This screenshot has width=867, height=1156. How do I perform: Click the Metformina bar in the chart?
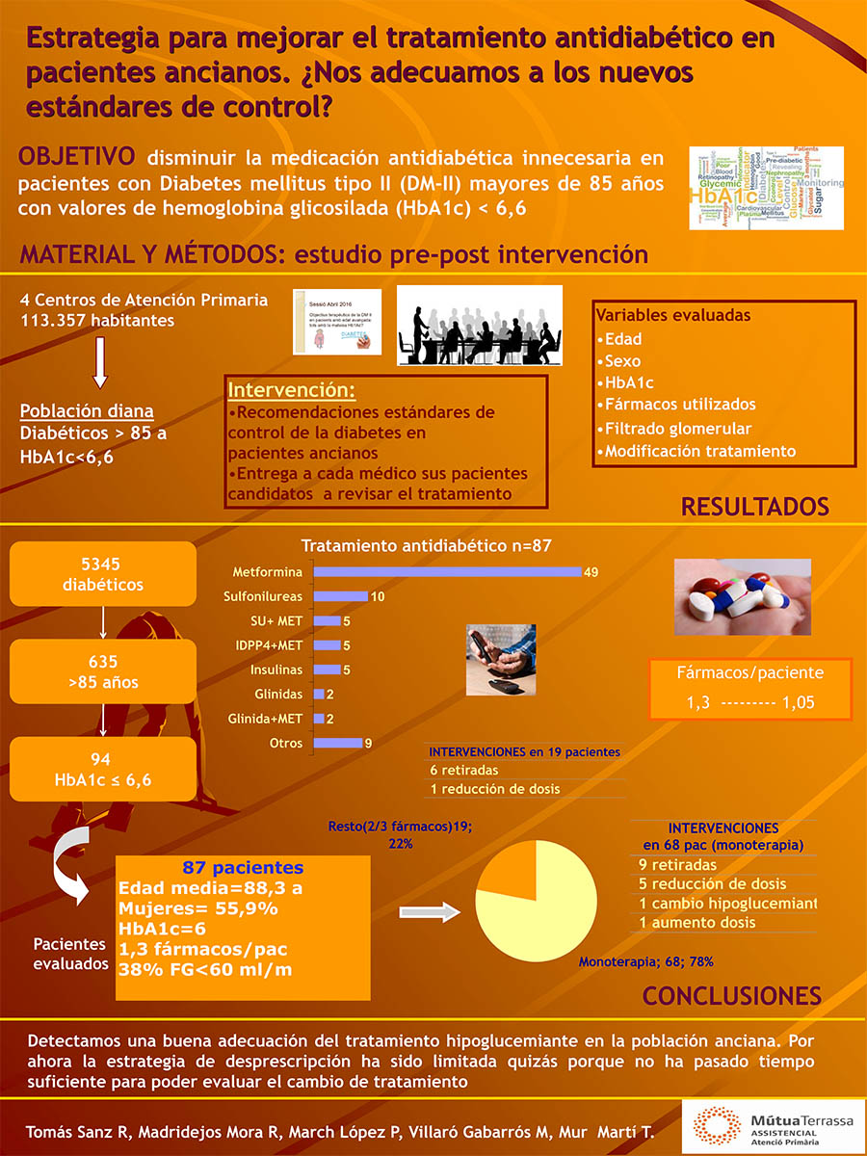click(448, 572)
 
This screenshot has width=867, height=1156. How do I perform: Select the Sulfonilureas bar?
click(341, 596)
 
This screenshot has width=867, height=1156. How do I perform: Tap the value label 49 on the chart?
click(591, 572)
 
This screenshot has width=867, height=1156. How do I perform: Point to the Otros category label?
click(286, 743)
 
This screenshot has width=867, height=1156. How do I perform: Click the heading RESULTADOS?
click(755, 507)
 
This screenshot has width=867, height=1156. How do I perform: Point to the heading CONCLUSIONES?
click(732, 995)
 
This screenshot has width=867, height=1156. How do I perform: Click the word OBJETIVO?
click(78, 157)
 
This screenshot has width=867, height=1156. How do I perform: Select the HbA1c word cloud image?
click(767, 188)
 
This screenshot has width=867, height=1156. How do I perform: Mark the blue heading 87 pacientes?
click(243, 867)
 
